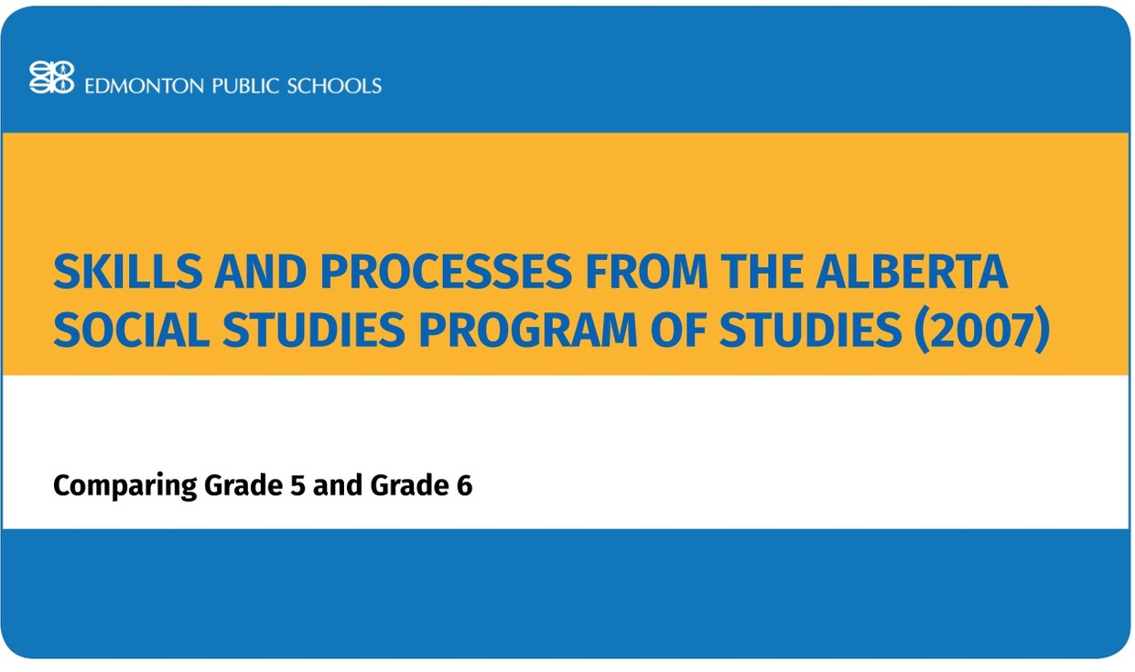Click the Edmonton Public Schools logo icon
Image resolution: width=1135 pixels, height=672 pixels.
pos(51,78)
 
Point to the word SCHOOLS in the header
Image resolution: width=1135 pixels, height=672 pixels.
pos(334,86)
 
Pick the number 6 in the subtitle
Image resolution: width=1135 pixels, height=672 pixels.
pos(464,485)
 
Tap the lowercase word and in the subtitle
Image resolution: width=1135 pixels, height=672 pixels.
pos(338,485)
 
